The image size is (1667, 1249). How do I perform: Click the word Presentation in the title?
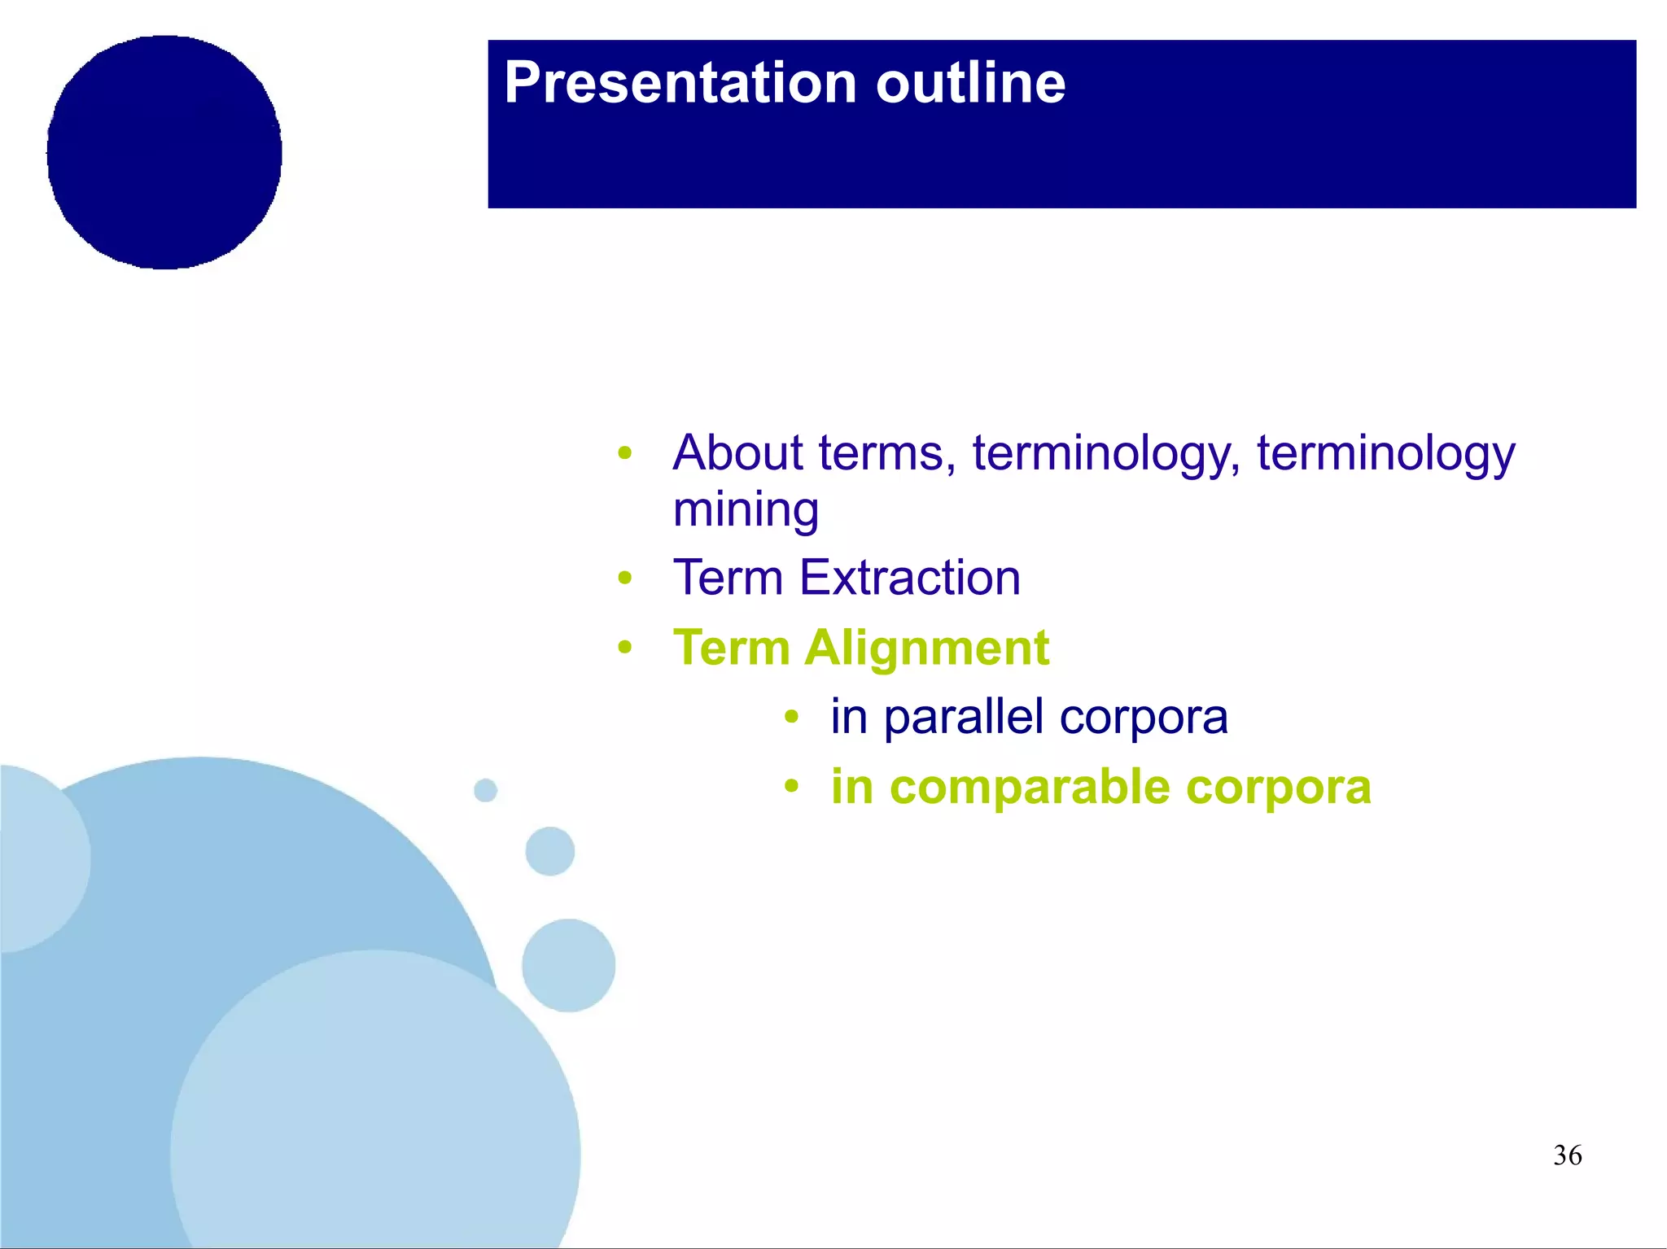click(680, 84)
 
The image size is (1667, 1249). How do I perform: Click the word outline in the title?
click(970, 84)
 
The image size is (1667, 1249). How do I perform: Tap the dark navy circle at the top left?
click(164, 152)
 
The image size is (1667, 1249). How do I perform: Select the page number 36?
click(1567, 1155)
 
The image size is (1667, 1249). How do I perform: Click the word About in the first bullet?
click(737, 452)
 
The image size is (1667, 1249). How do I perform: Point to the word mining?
click(746, 511)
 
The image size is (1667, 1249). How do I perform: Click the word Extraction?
click(909, 578)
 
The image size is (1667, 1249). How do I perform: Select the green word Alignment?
click(926, 649)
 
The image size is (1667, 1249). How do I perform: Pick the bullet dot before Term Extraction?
click(624, 579)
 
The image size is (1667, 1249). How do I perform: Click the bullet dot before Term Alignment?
click(624, 649)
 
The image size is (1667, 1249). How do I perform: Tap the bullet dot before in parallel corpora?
click(791, 718)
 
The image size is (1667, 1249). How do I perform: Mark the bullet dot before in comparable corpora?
click(791, 787)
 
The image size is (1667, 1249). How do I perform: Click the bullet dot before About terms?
click(624, 452)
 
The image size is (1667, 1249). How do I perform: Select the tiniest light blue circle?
click(485, 790)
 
